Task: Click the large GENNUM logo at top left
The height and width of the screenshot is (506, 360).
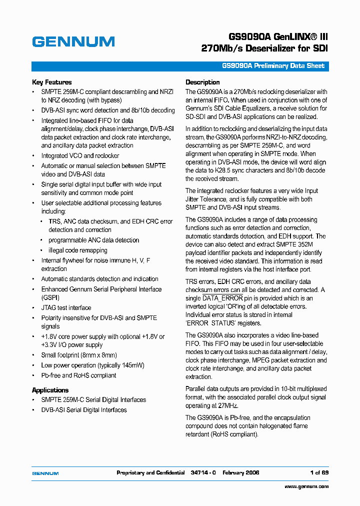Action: click(x=73, y=41)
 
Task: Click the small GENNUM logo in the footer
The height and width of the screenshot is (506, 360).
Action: click(x=45, y=473)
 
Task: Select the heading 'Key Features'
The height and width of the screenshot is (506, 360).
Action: click(x=52, y=82)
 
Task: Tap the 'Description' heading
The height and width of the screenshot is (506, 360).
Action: click(x=202, y=82)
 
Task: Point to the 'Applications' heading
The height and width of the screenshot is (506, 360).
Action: click(x=50, y=390)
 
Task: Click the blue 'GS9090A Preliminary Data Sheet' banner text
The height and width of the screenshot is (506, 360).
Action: click(x=273, y=66)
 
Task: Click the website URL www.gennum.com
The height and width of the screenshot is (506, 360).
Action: click(x=306, y=486)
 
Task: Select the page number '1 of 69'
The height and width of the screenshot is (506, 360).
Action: click(x=319, y=472)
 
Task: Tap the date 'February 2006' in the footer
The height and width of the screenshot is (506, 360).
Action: click(x=241, y=472)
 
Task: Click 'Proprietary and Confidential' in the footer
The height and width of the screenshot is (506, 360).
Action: click(x=150, y=472)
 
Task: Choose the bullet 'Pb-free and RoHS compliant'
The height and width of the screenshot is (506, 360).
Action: click(x=78, y=375)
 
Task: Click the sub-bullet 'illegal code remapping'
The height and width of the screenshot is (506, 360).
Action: click(x=78, y=250)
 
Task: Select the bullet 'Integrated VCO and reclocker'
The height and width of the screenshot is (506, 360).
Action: click(x=80, y=155)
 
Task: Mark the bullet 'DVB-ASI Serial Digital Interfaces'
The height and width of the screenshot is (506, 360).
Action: click(x=84, y=409)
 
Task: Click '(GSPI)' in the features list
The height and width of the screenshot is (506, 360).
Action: click(x=50, y=297)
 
